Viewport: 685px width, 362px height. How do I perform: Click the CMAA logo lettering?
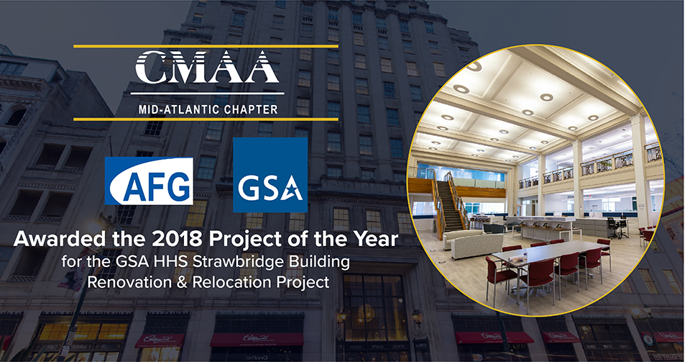[206, 67]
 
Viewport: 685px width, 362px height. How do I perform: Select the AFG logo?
[149, 181]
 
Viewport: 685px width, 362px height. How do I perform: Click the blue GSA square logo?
[270, 175]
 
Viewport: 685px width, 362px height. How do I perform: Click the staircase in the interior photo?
[451, 203]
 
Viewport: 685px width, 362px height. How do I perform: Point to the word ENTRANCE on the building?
[257, 358]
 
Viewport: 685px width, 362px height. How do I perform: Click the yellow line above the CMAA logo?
[206, 46]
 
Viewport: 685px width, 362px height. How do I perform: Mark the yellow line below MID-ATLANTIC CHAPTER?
[206, 119]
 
